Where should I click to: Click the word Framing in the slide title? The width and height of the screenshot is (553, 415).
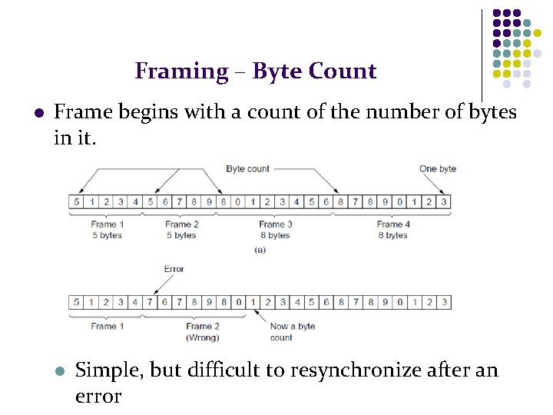[x=181, y=71]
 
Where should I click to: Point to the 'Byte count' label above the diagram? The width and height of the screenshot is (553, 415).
[x=247, y=168]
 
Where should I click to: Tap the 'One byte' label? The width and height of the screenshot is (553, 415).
[x=437, y=168]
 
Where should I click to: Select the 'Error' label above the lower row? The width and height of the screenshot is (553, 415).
[x=174, y=269]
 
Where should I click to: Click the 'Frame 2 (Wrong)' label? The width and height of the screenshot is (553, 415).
[x=203, y=331]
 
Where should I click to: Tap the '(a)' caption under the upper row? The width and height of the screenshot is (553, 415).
[x=259, y=250]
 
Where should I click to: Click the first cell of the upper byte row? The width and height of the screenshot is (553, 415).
[x=76, y=202]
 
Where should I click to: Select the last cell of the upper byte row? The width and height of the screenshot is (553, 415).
[x=443, y=202]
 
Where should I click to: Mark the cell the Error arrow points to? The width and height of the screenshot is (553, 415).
[x=150, y=303]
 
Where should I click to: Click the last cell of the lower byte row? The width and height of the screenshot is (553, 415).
[x=443, y=303]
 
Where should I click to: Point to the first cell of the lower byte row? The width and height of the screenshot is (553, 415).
[x=76, y=303]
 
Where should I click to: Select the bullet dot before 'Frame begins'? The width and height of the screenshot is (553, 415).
[x=38, y=114]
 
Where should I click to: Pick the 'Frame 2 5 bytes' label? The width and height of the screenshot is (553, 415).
[x=180, y=230]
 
